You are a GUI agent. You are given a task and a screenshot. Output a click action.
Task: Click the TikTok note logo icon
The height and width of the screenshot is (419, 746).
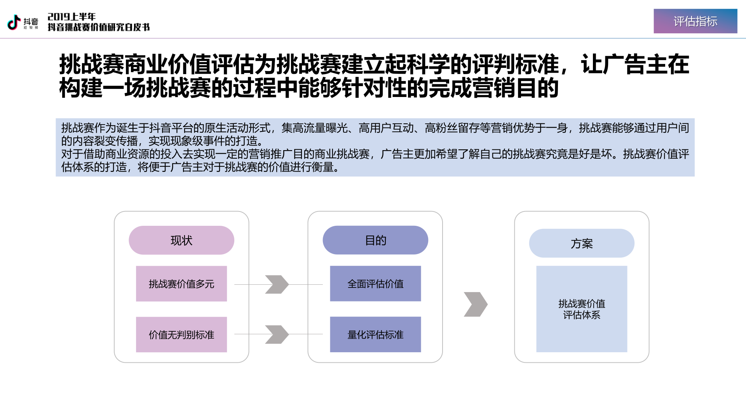point(14,22)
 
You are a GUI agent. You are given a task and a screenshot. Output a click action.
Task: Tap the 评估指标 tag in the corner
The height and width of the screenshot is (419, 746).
point(695,21)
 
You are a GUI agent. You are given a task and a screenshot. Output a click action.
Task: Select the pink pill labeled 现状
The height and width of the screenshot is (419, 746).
point(181,240)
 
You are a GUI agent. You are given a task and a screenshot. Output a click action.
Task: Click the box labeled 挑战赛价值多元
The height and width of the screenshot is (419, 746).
point(181,284)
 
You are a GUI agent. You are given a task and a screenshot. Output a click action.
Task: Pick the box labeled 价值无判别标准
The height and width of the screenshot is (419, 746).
point(181,334)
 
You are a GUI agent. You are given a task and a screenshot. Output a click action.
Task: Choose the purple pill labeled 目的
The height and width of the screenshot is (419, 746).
point(375,240)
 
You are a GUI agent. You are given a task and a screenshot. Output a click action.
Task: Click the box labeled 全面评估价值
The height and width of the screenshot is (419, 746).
point(375,284)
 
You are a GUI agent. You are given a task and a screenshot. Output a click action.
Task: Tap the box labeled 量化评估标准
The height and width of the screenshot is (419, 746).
point(375,334)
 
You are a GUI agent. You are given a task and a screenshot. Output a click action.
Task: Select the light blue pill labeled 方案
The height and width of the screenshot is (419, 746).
point(582,243)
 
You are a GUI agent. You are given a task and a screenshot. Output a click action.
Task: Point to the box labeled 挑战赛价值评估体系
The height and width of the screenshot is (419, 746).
point(582,309)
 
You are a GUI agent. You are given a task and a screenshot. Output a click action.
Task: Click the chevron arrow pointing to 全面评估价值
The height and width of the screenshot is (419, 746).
point(277,284)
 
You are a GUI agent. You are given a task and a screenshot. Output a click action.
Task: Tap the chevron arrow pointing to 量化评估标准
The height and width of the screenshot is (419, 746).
point(277,334)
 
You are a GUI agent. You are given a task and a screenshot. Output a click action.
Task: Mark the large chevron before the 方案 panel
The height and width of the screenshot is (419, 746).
point(476,304)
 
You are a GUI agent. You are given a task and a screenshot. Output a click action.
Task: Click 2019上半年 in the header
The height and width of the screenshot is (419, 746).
point(71,17)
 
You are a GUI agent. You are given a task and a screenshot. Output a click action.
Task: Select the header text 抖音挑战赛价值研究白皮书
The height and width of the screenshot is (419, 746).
point(99,27)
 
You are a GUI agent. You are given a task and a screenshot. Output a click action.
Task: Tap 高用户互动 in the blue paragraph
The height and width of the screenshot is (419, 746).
point(386,128)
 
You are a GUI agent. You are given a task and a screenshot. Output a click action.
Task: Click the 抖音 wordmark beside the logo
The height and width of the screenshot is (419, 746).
point(31,22)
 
